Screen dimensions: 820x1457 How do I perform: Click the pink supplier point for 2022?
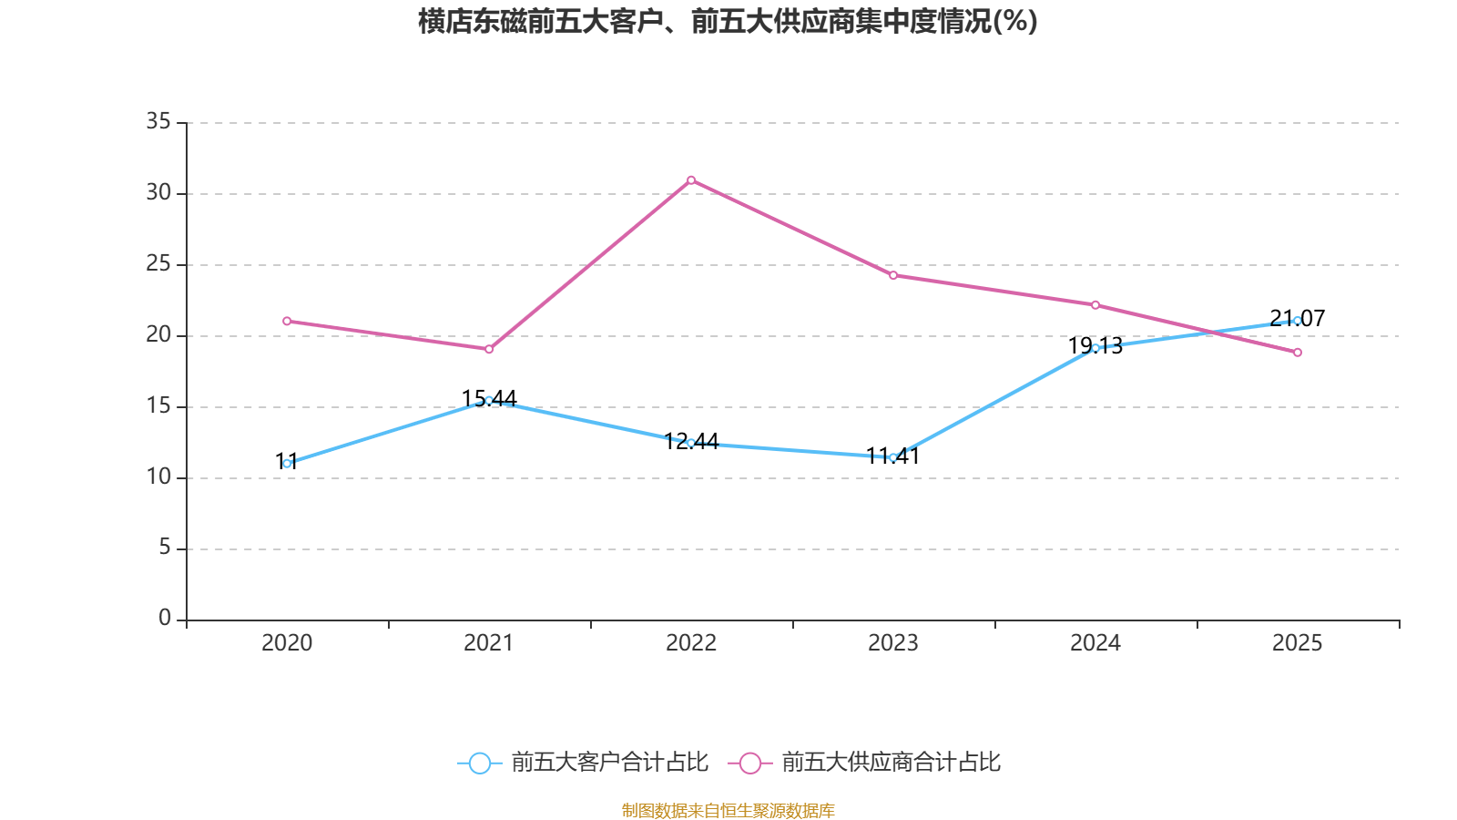[x=691, y=179]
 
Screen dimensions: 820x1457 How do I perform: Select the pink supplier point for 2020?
[x=287, y=321]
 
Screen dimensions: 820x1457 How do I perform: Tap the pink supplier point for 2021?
[x=489, y=349]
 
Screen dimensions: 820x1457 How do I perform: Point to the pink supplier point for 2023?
[x=893, y=275]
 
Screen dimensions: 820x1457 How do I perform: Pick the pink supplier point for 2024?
[x=1095, y=304]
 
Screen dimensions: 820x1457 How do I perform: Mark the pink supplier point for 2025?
[x=1298, y=353]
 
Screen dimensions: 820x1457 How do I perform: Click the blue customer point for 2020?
[x=287, y=463]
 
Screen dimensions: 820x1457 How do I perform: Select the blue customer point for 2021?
[x=489, y=400]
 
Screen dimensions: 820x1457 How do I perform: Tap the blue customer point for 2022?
[x=691, y=443]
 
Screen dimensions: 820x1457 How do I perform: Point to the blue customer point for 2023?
[x=893, y=457]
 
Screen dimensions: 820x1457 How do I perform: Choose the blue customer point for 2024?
[x=1095, y=348]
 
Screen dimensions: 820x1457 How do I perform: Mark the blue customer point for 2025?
[x=1298, y=320]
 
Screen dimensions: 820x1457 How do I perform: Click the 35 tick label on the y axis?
[x=158, y=121]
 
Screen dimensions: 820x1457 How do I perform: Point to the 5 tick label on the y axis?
[x=165, y=548]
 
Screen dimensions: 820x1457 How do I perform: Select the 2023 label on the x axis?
[x=893, y=643]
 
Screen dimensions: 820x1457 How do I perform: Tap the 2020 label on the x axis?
[x=287, y=643]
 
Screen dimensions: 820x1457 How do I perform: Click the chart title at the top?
[x=728, y=21]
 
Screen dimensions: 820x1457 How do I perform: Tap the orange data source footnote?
[x=728, y=810]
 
